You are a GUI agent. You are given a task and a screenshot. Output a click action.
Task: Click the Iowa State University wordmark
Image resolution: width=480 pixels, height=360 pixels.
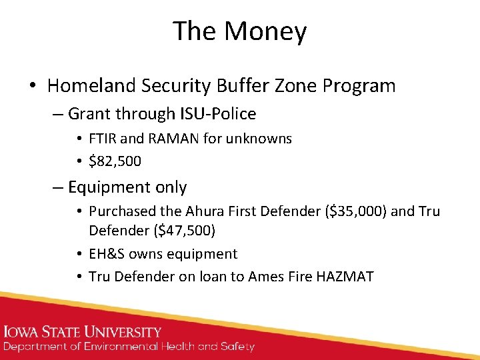click(x=83, y=331)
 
